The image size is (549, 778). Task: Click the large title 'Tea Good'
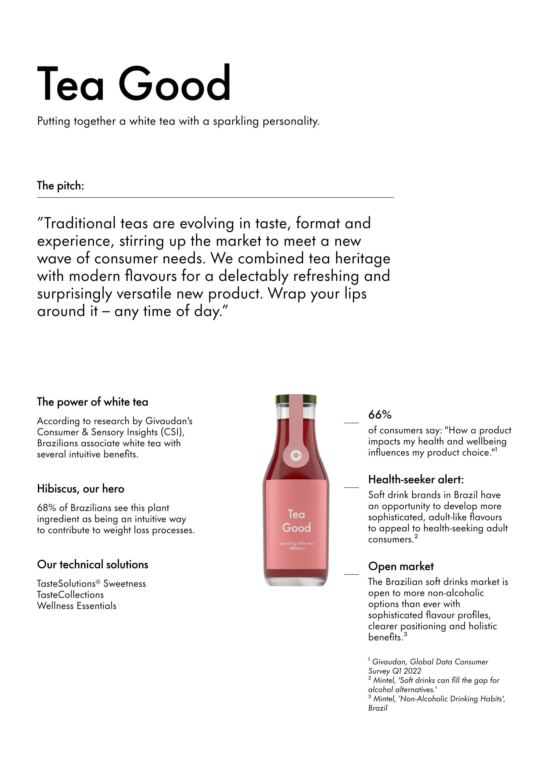coord(134,83)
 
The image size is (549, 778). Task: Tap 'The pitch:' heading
coord(60,186)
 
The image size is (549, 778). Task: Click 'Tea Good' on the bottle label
coord(296,521)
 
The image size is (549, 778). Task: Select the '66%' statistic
coord(380,414)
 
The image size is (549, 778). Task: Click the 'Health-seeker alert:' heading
coord(416,480)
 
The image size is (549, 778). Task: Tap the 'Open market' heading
coord(401,566)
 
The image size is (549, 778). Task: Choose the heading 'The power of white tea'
coord(92,402)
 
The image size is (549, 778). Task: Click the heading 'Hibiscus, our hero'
coord(81,489)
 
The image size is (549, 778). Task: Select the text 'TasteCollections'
coord(70,595)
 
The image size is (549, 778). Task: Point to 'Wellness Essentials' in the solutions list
coord(77,606)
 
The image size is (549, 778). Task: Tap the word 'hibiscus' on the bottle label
coord(296,548)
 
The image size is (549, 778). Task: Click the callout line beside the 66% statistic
coord(351,422)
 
